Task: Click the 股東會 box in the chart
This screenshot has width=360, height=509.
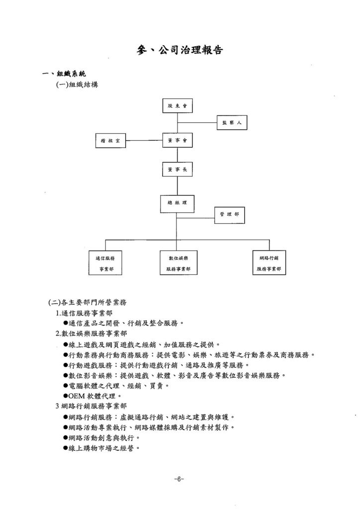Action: click(177, 106)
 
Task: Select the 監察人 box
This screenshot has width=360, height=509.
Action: click(232, 123)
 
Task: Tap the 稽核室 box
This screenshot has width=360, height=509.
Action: click(110, 141)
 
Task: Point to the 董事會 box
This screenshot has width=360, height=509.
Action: click(177, 141)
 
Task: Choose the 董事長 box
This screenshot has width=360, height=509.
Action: click(177, 169)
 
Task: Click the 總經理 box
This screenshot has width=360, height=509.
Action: click(177, 204)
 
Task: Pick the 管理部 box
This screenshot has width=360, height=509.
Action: click(230, 215)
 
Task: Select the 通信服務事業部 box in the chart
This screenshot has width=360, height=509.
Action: click(105, 263)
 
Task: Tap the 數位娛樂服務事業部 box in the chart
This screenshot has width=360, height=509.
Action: click(178, 263)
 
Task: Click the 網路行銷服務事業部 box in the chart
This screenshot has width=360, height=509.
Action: click(269, 262)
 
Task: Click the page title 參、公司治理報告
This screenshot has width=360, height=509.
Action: click(180, 50)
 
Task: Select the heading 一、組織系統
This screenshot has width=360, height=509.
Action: click(64, 74)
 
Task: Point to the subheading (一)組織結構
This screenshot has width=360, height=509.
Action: click(77, 85)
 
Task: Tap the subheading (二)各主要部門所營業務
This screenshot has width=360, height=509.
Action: click(88, 303)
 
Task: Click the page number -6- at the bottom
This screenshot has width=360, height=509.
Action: click(179, 479)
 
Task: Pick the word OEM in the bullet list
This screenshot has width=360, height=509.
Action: click(77, 396)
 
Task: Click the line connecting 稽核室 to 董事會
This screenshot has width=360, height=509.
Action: click(144, 141)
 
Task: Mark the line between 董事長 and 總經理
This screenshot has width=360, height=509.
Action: click(177, 186)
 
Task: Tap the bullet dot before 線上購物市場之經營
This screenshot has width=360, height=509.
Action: click(66, 448)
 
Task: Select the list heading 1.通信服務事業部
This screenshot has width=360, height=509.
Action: click(84, 313)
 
